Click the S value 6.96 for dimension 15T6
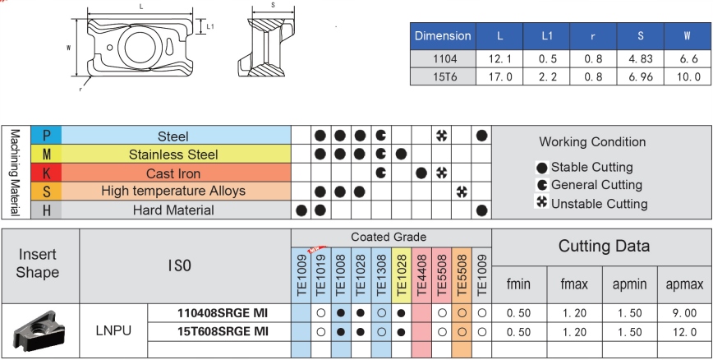pos(640,77)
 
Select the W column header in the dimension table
pos(687,36)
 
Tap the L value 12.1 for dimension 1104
pos(499,58)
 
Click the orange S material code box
pos(46,192)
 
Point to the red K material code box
pos(46,173)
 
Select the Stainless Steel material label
pos(173,155)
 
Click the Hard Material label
pos(173,210)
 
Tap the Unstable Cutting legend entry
pos(592,203)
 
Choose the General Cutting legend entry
pos(589,185)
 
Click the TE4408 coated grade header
pos(421,275)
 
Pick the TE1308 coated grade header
pos(381,275)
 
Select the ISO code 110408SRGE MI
pos(223,313)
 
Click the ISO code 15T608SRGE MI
pos(223,332)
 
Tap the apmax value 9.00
pos(684,314)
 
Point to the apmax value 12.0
pos(684,332)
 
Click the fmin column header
pos(519,284)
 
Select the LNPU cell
pos(113,330)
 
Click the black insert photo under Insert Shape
pos(36,331)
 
